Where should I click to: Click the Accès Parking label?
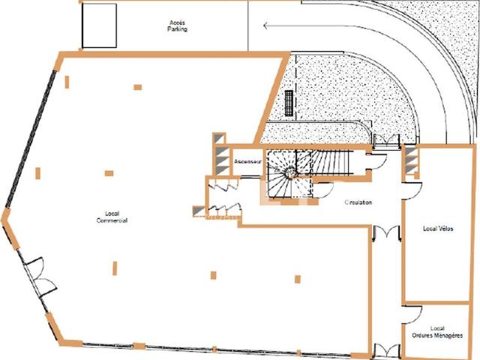click(x=177, y=26)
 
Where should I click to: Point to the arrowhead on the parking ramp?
click(x=265, y=26)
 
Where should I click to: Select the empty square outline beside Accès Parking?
click(x=99, y=25)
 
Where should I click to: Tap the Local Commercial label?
click(x=112, y=217)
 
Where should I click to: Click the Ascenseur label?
click(x=248, y=161)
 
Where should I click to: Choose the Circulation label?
click(x=358, y=202)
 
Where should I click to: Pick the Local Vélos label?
click(x=438, y=229)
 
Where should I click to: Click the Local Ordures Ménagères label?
click(x=437, y=332)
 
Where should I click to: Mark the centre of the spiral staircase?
click(x=289, y=173)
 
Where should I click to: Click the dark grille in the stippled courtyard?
click(x=289, y=103)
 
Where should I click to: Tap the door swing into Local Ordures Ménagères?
click(x=412, y=314)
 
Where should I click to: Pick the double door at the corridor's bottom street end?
click(x=387, y=351)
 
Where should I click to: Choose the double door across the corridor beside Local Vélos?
click(x=387, y=232)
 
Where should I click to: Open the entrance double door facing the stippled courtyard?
click(x=386, y=139)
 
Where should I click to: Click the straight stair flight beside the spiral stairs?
click(x=332, y=162)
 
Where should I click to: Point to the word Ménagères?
click(x=448, y=335)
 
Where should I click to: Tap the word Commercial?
click(x=112, y=220)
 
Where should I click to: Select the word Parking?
click(x=177, y=29)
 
